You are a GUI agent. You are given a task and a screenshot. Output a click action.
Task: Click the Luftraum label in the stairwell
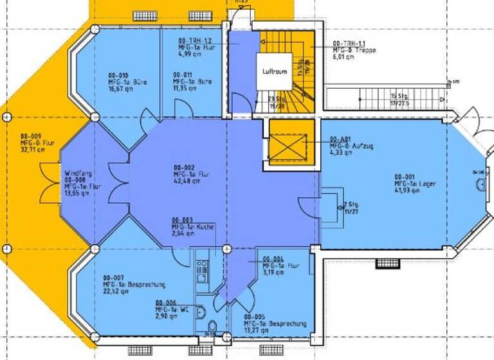[275, 71]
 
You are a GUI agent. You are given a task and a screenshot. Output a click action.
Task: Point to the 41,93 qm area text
[407, 192]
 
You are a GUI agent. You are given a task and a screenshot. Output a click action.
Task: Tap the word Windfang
[77, 173]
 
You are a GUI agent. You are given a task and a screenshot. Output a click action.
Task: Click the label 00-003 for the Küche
[182, 220]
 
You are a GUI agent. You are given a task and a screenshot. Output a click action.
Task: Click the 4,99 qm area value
[189, 54]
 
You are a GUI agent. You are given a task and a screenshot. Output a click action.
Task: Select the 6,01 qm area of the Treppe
[343, 57]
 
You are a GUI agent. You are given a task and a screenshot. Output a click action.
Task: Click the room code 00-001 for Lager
[405, 177]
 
